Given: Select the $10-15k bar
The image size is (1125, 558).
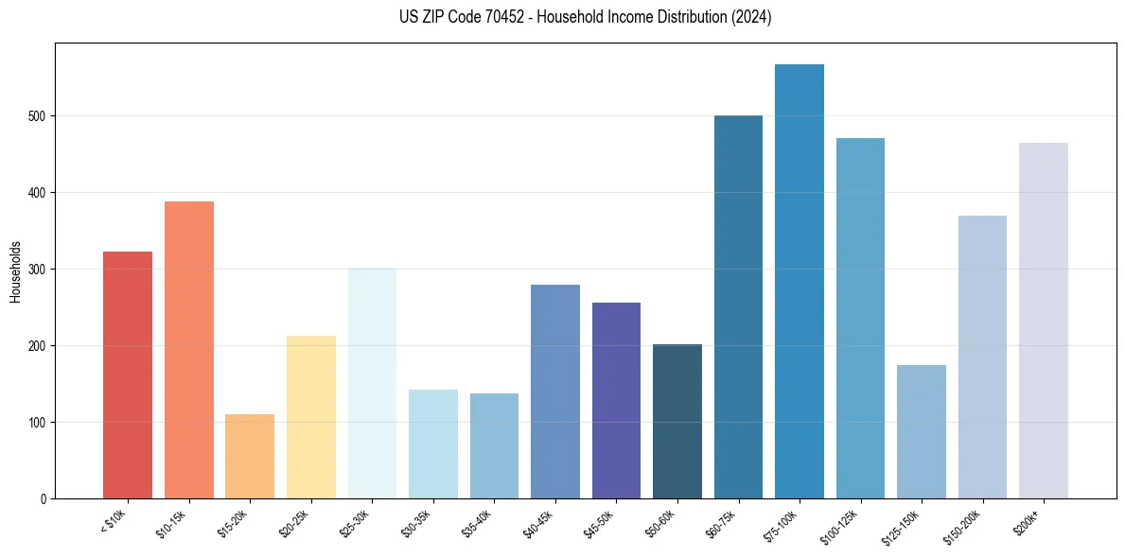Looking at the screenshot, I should [x=188, y=350].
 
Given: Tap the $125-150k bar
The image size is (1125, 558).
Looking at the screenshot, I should [x=922, y=431].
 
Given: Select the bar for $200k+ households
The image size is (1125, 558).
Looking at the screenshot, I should [x=1044, y=321].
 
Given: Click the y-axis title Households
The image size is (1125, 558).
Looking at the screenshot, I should [x=16, y=271].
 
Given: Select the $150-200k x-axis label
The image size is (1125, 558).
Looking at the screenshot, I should [x=963, y=525].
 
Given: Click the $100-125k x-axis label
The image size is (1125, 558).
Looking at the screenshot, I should [x=841, y=525].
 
